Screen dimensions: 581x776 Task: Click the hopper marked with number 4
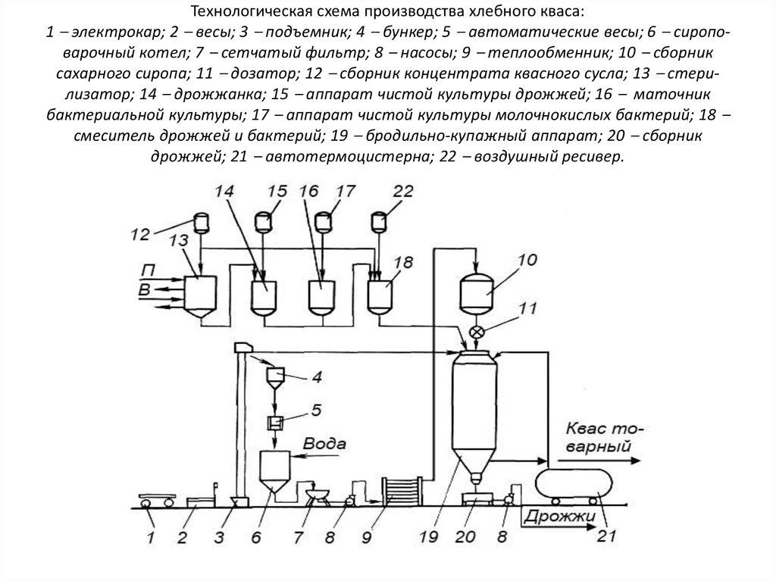275,376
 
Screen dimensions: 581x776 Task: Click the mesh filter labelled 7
316,495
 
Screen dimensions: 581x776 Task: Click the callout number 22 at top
404,192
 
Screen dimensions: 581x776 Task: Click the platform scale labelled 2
199,501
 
